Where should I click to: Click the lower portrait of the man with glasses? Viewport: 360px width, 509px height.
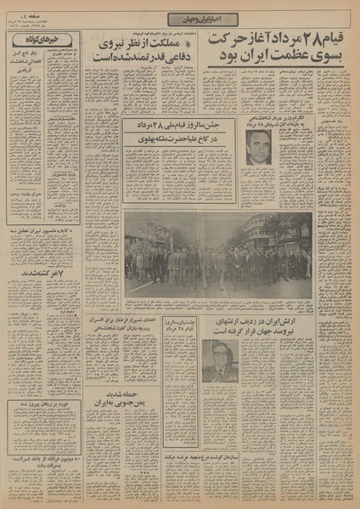point(220,360)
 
